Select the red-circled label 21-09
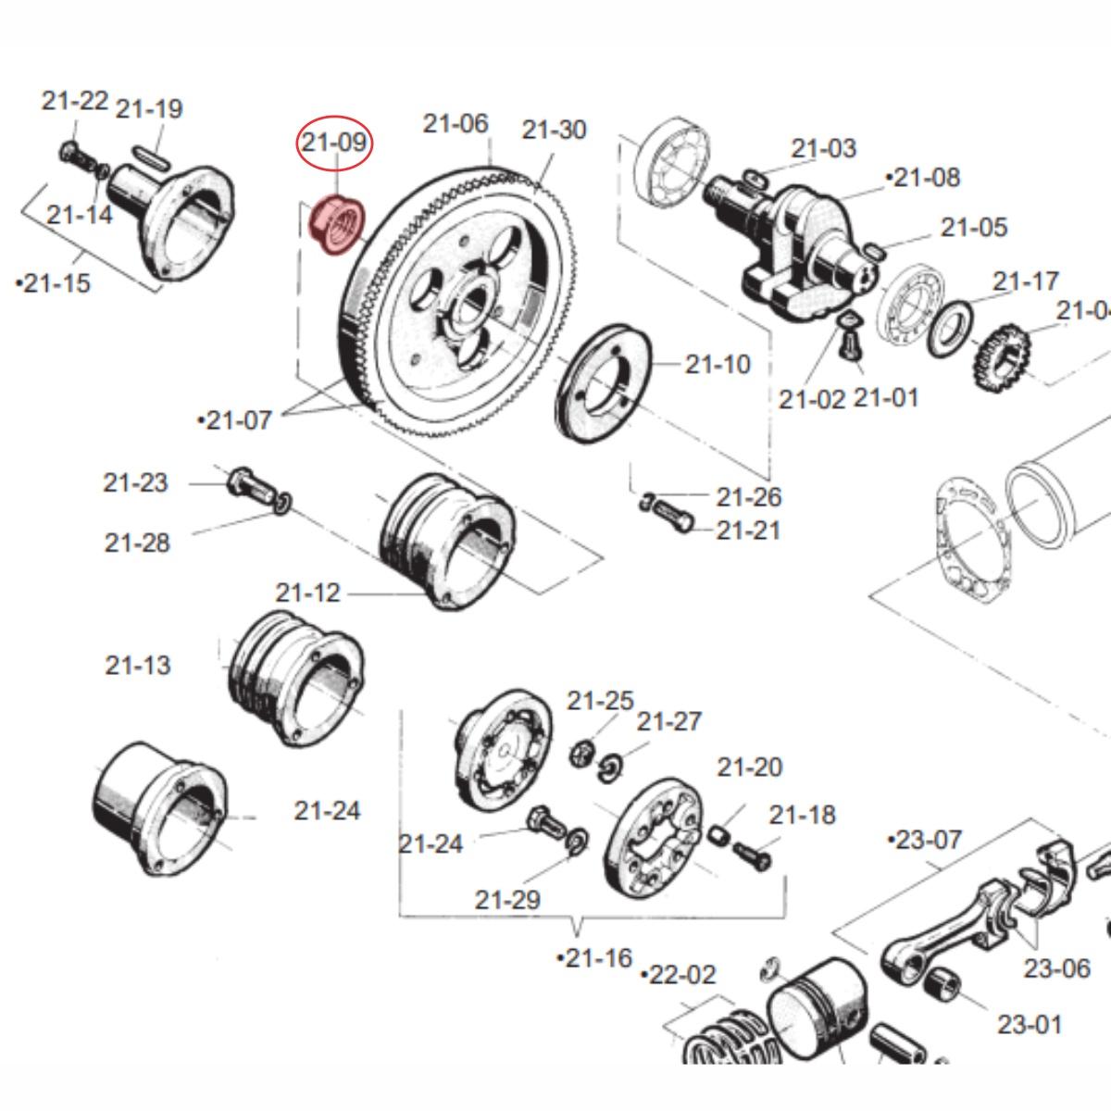(x=334, y=144)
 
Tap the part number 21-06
(x=456, y=123)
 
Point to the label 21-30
(x=554, y=130)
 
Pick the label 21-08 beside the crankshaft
(x=924, y=177)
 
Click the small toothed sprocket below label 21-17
(x=1001, y=357)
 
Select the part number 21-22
(x=75, y=101)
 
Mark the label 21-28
(x=137, y=543)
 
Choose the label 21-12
(x=307, y=593)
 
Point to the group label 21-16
(x=594, y=958)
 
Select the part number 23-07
(x=925, y=840)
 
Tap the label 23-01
(x=1030, y=1024)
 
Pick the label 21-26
(x=748, y=497)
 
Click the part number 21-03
(x=824, y=148)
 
